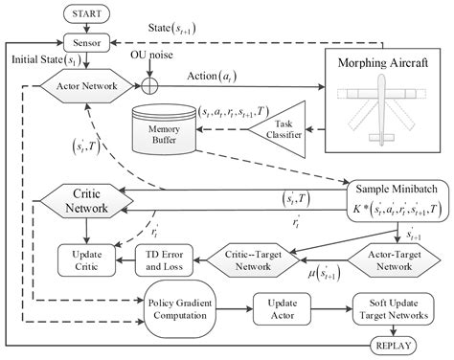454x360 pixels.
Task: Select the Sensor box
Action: [x=87, y=43]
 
